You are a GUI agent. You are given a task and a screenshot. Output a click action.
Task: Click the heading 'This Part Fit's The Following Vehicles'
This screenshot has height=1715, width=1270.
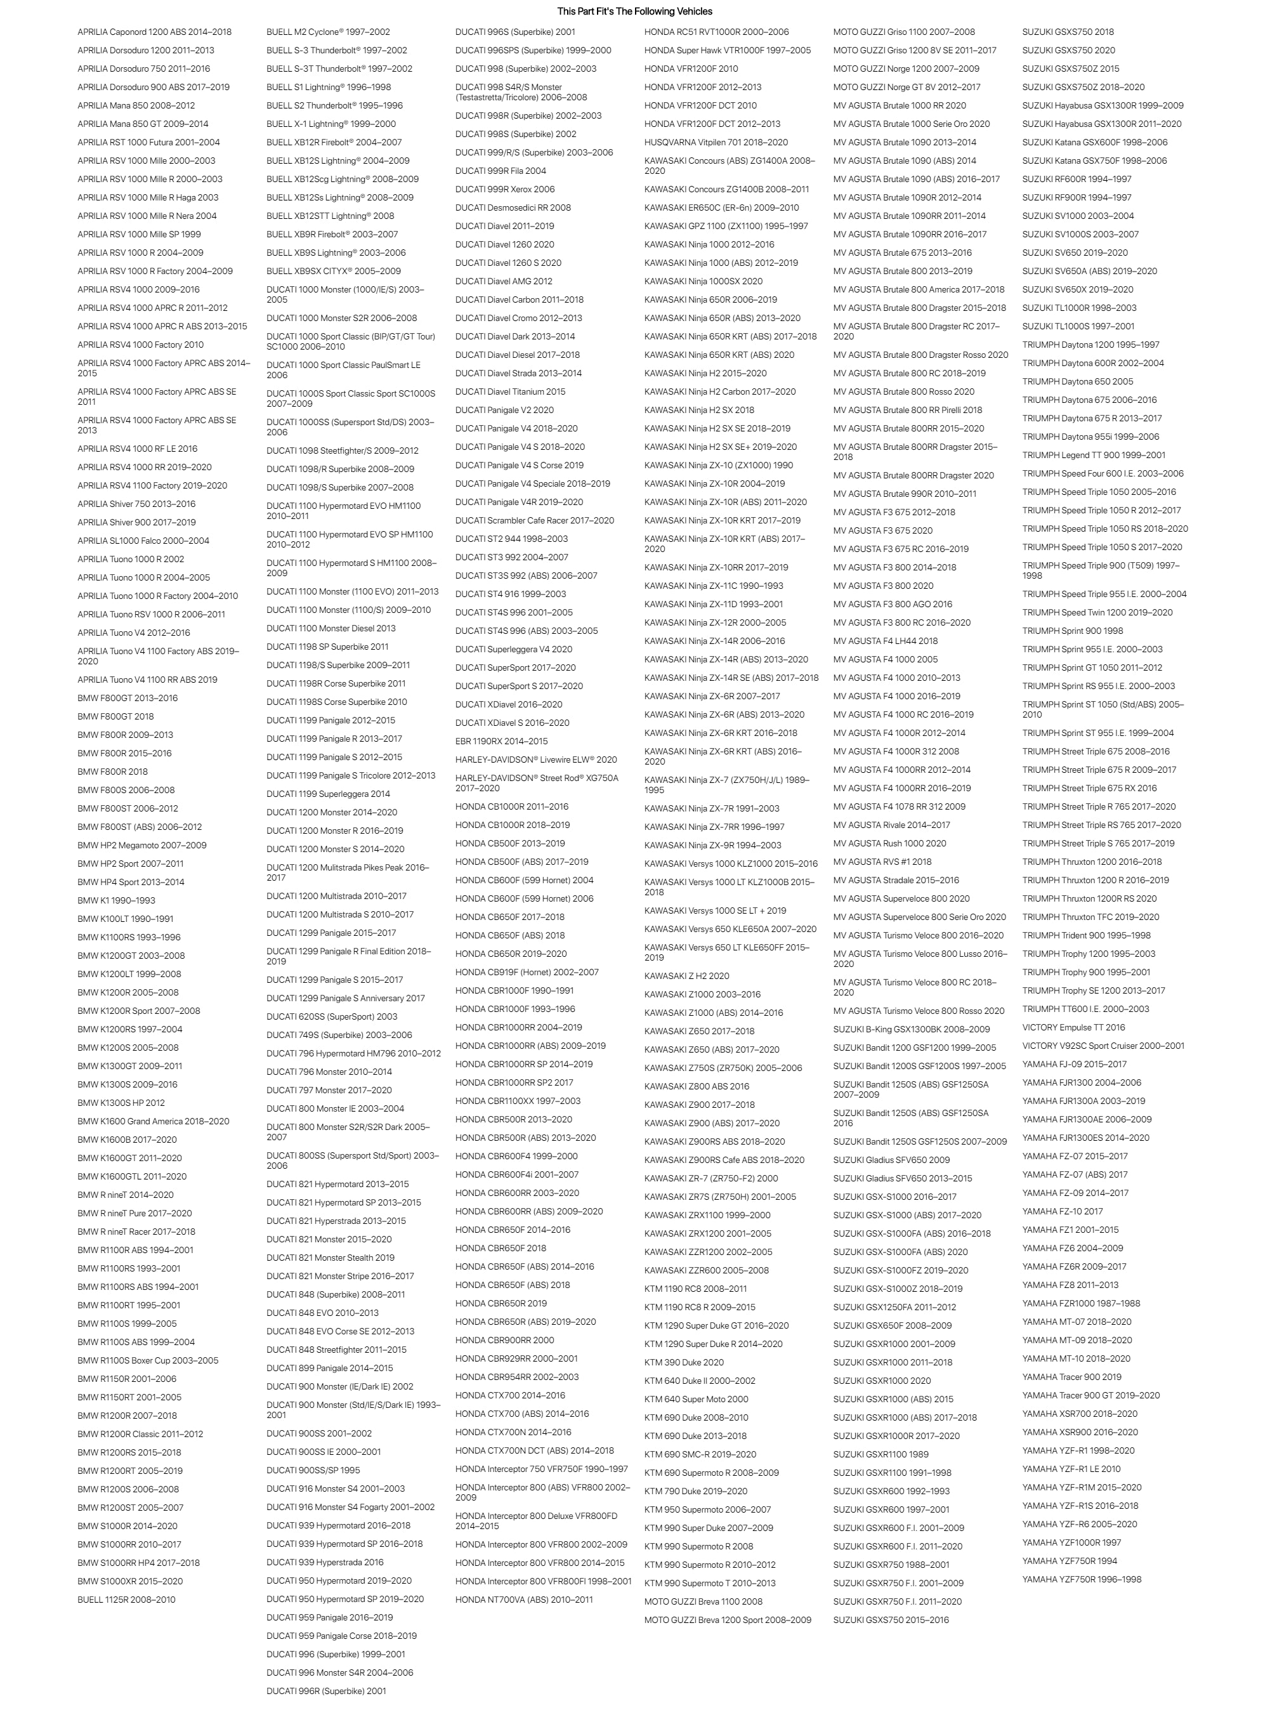tap(634, 11)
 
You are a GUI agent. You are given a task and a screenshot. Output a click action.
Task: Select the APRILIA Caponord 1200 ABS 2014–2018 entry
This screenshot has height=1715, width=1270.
tap(154, 32)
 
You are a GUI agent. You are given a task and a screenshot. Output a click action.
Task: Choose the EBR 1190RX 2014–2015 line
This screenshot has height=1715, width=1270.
tap(501, 741)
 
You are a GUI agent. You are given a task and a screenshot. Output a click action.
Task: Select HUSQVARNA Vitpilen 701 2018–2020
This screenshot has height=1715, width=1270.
tap(716, 142)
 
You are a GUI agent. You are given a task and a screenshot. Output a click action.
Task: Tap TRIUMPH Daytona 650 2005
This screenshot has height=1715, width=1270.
tap(1077, 381)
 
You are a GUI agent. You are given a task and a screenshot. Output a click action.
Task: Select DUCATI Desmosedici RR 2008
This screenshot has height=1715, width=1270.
tap(513, 207)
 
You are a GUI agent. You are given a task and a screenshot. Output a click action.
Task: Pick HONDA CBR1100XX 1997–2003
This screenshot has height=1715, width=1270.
tap(518, 1101)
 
